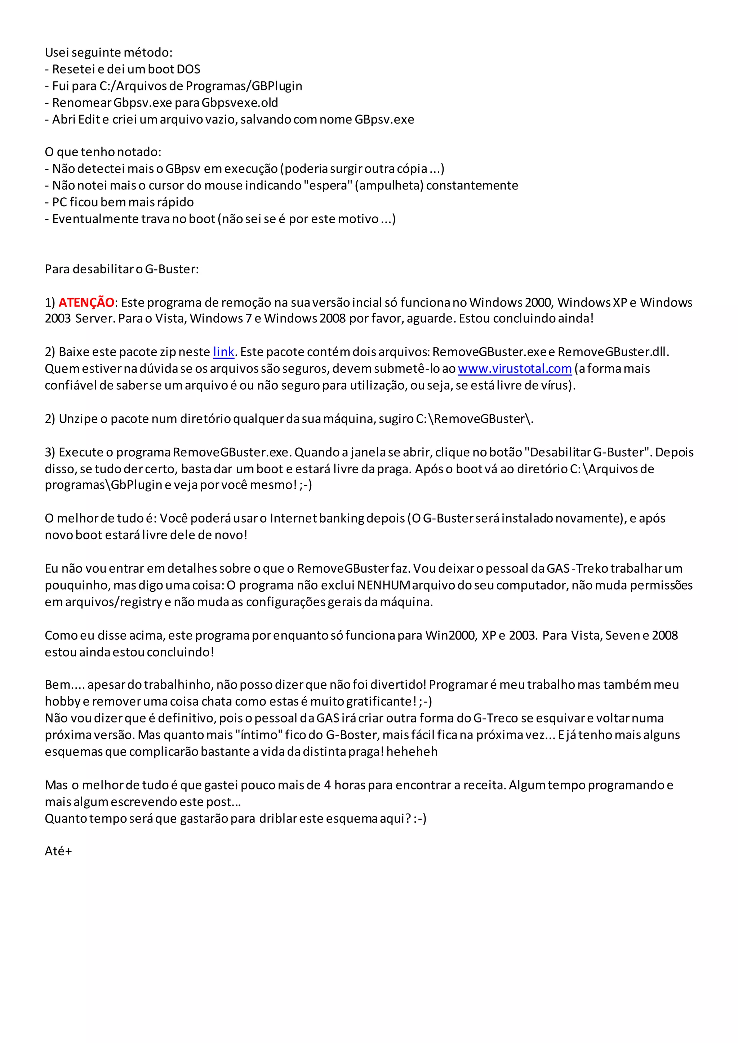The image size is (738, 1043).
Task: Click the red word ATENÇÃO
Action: click(x=86, y=303)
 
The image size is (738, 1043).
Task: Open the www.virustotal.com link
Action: click(x=515, y=369)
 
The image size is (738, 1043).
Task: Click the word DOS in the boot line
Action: click(x=188, y=70)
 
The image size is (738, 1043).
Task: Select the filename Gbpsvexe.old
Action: click(x=240, y=103)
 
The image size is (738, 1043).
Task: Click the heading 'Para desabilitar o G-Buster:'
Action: click(x=122, y=269)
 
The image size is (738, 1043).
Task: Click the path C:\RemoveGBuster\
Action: click(x=474, y=419)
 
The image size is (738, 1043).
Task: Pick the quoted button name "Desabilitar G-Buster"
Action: click(x=588, y=452)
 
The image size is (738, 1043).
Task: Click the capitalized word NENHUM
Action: click(x=384, y=586)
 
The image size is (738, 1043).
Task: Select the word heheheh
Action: click(x=412, y=752)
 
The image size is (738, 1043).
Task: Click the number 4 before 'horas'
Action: click(x=327, y=785)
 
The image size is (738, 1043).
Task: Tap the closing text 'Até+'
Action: click(x=58, y=851)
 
